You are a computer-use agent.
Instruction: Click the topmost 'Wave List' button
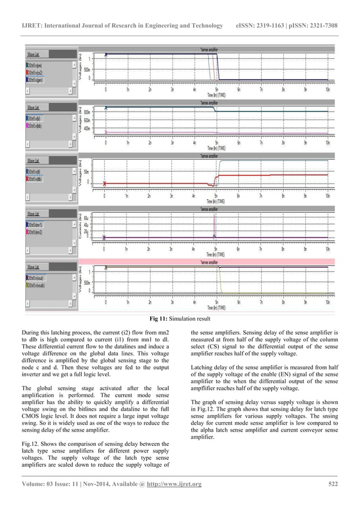pyautogui.click(x=34, y=54)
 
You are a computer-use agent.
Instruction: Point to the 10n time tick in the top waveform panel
pyautogui.click(x=327, y=89)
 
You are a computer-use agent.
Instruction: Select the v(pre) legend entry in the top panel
pyautogui.click(x=36, y=65)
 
